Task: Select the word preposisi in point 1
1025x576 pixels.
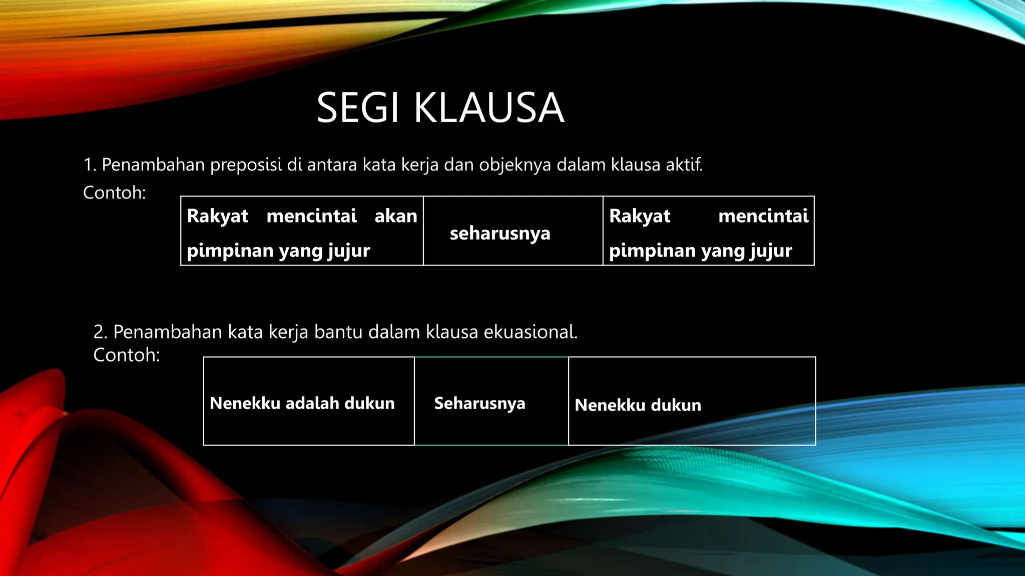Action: (x=246, y=164)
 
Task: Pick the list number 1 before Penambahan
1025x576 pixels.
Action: (x=90, y=165)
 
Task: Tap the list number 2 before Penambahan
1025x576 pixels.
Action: (x=100, y=332)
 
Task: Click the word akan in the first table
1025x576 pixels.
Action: (x=395, y=216)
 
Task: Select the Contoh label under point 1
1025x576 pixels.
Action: (x=114, y=192)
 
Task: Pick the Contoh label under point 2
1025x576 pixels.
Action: (x=127, y=355)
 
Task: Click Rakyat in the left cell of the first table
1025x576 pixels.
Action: (x=217, y=216)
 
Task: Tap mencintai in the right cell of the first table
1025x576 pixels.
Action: (x=763, y=216)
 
